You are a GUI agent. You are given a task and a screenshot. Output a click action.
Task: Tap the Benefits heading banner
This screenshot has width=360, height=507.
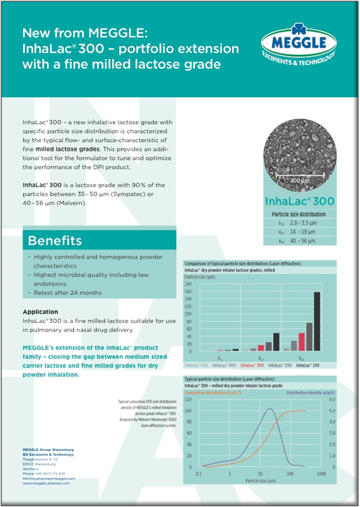pos(54,241)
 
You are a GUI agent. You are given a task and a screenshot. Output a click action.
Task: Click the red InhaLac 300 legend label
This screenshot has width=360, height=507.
pos(252,365)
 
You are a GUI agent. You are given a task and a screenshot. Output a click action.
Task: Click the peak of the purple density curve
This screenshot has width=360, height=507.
pos(269,409)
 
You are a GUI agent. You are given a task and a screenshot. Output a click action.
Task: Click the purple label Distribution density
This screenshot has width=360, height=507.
pos(312,392)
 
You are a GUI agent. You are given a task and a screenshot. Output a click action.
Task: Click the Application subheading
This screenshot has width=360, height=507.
pos(40,312)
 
